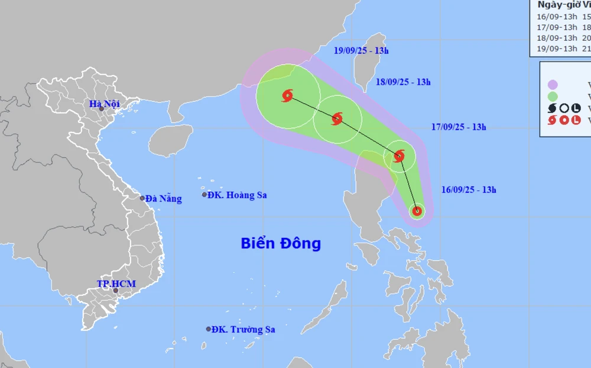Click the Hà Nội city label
tap(104, 104)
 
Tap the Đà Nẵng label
tap(164, 199)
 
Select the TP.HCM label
tap(116, 284)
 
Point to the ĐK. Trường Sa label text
tap(243, 330)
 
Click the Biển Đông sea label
tap(281, 243)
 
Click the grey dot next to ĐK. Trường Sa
tap(209, 329)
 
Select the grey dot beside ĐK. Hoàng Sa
tap(204, 195)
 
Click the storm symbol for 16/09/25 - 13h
tap(417, 210)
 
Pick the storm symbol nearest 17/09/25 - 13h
tap(399, 156)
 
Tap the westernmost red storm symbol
tap(288, 95)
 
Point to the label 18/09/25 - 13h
tap(403, 82)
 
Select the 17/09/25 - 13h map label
tap(459, 127)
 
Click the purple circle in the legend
tap(553, 84)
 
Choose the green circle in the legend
tap(553, 96)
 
